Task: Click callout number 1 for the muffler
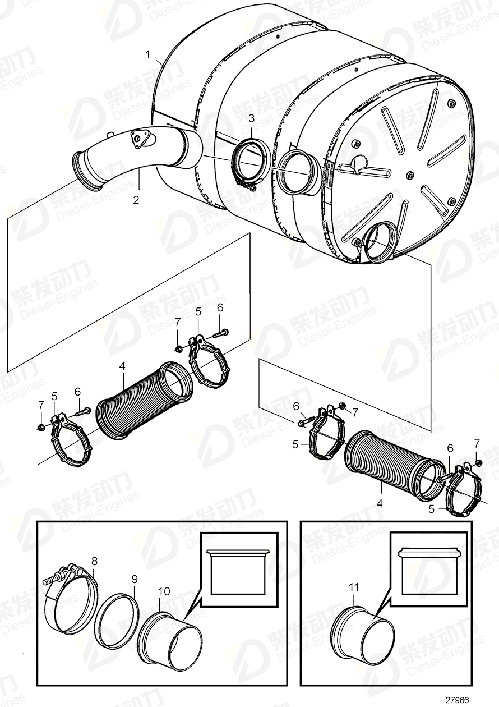click(x=148, y=54)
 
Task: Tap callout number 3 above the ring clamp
click(x=251, y=118)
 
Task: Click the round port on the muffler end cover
click(x=376, y=242)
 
